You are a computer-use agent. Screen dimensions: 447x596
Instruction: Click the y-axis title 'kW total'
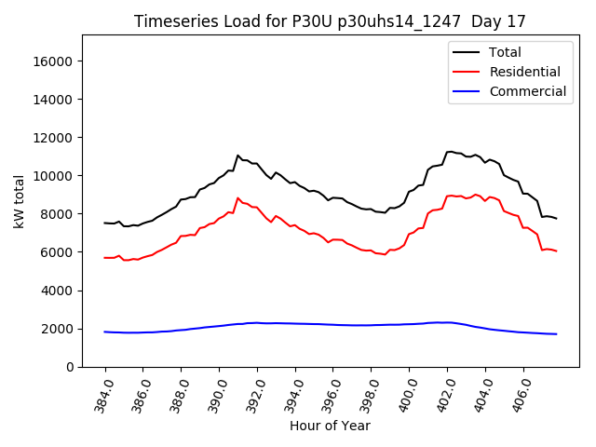[x=20, y=201]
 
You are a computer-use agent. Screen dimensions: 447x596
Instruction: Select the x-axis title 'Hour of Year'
[x=330, y=426]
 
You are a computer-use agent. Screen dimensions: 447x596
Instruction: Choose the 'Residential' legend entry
[x=525, y=72]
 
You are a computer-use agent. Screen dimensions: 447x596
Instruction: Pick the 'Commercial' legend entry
[x=528, y=91]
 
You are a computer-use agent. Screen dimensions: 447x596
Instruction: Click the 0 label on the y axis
[x=70, y=367]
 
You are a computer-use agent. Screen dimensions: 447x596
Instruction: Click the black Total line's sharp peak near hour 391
[x=237, y=156]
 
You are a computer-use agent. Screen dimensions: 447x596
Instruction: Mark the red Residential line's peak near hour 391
[x=237, y=197]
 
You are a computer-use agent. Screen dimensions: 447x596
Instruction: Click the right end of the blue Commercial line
[x=556, y=334]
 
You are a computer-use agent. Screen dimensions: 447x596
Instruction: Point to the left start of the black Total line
[x=104, y=223]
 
